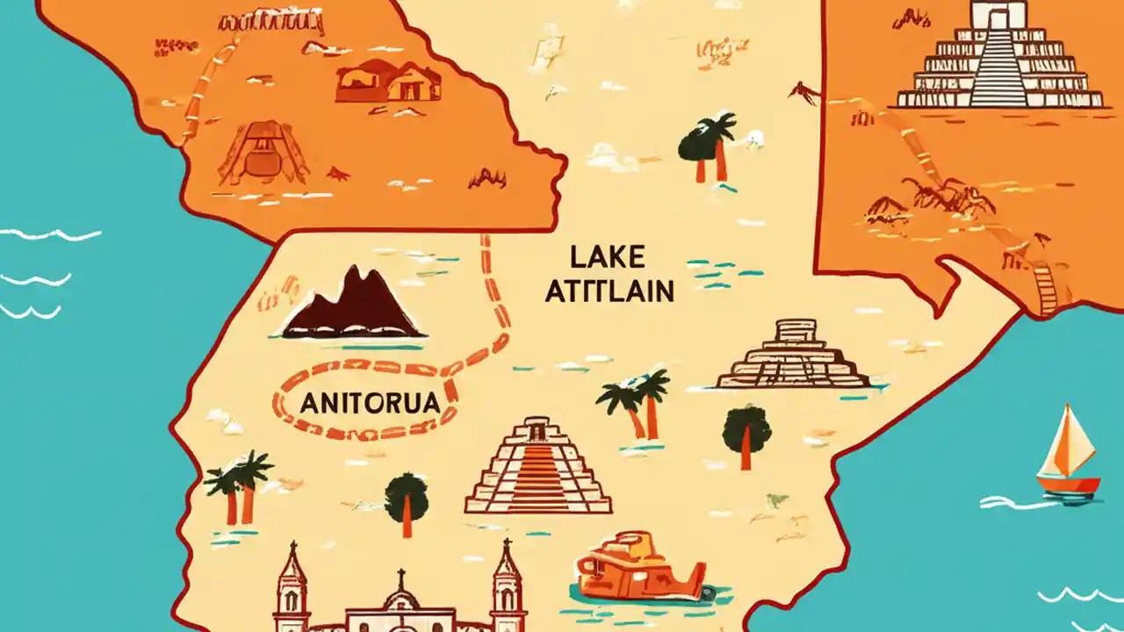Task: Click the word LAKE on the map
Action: (x=608, y=257)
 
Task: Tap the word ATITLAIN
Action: (x=609, y=291)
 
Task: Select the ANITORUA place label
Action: (x=369, y=404)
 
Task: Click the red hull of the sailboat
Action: (x=1068, y=484)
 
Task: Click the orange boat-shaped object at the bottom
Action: (x=639, y=567)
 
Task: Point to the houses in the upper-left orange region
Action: (x=388, y=81)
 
